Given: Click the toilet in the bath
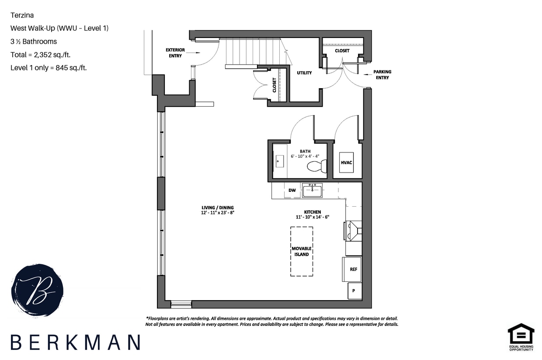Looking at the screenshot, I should (x=317, y=166).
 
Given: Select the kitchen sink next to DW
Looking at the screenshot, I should (x=312, y=190).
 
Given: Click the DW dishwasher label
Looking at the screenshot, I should (x=292, y=190).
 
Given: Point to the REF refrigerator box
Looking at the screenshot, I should (x=353, y=269).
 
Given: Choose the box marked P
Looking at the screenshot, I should (x=354, y=291).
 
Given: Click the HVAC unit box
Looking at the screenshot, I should (x=346, y=163).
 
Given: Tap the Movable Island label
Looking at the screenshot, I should (x=301, y=251).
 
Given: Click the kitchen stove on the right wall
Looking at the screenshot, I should (x=353, y=231).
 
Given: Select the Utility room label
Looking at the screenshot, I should (x=304, y=73).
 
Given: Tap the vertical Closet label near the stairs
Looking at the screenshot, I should (x=274, y=85).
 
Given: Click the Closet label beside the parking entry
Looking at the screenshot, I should (x=342, y=51).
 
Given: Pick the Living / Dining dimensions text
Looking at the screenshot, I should (x=215, y=213).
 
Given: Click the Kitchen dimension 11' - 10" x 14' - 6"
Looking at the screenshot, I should (x=313, y=217).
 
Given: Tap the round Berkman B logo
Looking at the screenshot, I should (x=37, y=290).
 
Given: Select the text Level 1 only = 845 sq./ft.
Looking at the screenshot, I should (x=49, y=68).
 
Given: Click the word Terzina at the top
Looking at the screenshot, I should (x=22, y=15).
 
